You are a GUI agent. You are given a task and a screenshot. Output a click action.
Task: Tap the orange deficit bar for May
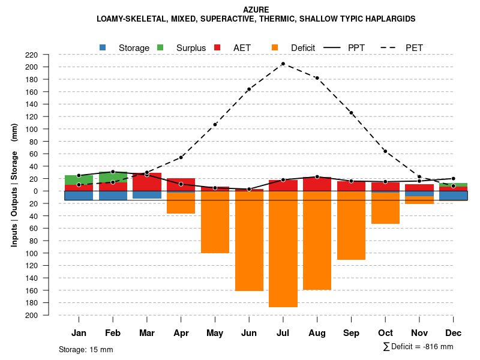point(215,222)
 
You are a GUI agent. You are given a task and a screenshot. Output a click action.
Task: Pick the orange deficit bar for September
point(351,226)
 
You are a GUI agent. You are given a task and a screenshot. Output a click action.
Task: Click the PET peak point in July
point(283,64)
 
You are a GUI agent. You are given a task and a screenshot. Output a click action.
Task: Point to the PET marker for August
point(317,78)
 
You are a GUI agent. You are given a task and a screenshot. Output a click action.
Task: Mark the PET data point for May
point(215,124)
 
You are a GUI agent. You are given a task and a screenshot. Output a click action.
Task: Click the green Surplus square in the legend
point(160,47)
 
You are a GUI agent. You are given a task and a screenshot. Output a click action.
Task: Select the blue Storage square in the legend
point(103,47)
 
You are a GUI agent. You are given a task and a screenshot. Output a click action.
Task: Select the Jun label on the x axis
point(249,333)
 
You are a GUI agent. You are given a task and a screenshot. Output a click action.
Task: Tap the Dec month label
point(453,333)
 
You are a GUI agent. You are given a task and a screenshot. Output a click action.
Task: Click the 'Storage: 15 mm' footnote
point(86,349)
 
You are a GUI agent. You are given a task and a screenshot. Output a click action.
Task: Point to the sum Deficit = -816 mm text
point(418,347)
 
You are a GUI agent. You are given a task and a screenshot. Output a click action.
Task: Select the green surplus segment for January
point(79,180)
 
